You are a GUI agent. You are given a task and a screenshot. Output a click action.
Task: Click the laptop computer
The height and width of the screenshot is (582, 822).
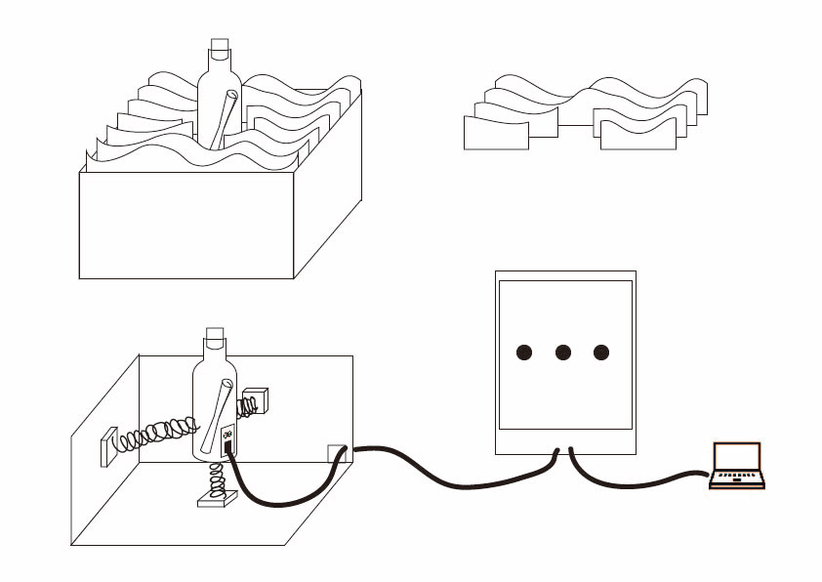(x=737, y=465)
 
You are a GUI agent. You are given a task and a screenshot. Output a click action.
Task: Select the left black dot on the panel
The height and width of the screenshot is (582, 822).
(x=524, y=353)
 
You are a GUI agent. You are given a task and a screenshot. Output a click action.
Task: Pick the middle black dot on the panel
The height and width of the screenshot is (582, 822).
(x=562, y=353)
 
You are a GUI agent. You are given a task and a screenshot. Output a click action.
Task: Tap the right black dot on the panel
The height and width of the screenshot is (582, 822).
(x=600, y=353)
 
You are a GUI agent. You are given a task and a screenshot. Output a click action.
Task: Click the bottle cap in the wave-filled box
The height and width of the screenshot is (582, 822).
(x=220, y=47)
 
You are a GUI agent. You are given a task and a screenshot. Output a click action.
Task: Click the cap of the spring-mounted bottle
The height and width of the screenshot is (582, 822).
(x=216, y=343)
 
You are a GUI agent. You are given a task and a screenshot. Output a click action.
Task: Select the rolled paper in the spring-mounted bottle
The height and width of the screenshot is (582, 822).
(x=217, y=414)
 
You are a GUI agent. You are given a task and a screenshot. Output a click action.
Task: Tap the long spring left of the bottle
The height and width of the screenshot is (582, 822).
(x=156, y=433)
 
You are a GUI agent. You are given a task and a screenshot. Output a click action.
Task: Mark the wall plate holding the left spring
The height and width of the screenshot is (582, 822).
(x=105, y=446)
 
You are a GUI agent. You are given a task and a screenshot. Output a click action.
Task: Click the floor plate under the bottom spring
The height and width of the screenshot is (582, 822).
(x=217, y=500)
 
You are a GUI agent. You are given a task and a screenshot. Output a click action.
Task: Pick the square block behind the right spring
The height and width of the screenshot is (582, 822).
(x=256, y=401)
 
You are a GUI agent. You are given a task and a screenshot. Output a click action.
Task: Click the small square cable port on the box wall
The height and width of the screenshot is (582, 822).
(x=336, y=453)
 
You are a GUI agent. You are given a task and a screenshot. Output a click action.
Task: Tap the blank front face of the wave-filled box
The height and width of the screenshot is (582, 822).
(x=185, y=227)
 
